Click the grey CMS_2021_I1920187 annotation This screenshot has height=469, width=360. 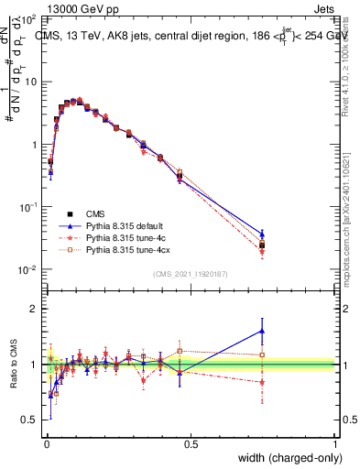(x=191, y=273)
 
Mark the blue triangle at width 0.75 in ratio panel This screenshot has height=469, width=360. (x=262, y=331)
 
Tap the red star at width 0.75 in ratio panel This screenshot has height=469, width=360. (x=262, y=382)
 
